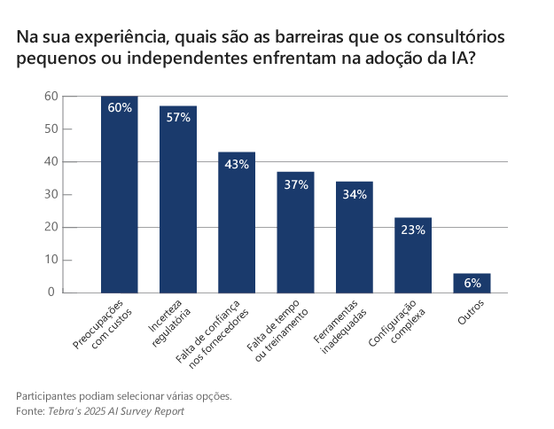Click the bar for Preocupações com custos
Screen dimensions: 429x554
tap(119, 195)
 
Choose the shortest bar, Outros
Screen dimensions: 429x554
tap(472, 283)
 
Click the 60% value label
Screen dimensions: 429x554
tap(120, 107)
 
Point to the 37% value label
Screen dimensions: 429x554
tap(295, 184)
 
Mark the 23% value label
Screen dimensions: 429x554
tap(413, 230)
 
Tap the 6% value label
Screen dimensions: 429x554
tap(472, 284)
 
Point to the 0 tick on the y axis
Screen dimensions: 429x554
tap(52, 292)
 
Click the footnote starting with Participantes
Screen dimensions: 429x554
tap(124, 396)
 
